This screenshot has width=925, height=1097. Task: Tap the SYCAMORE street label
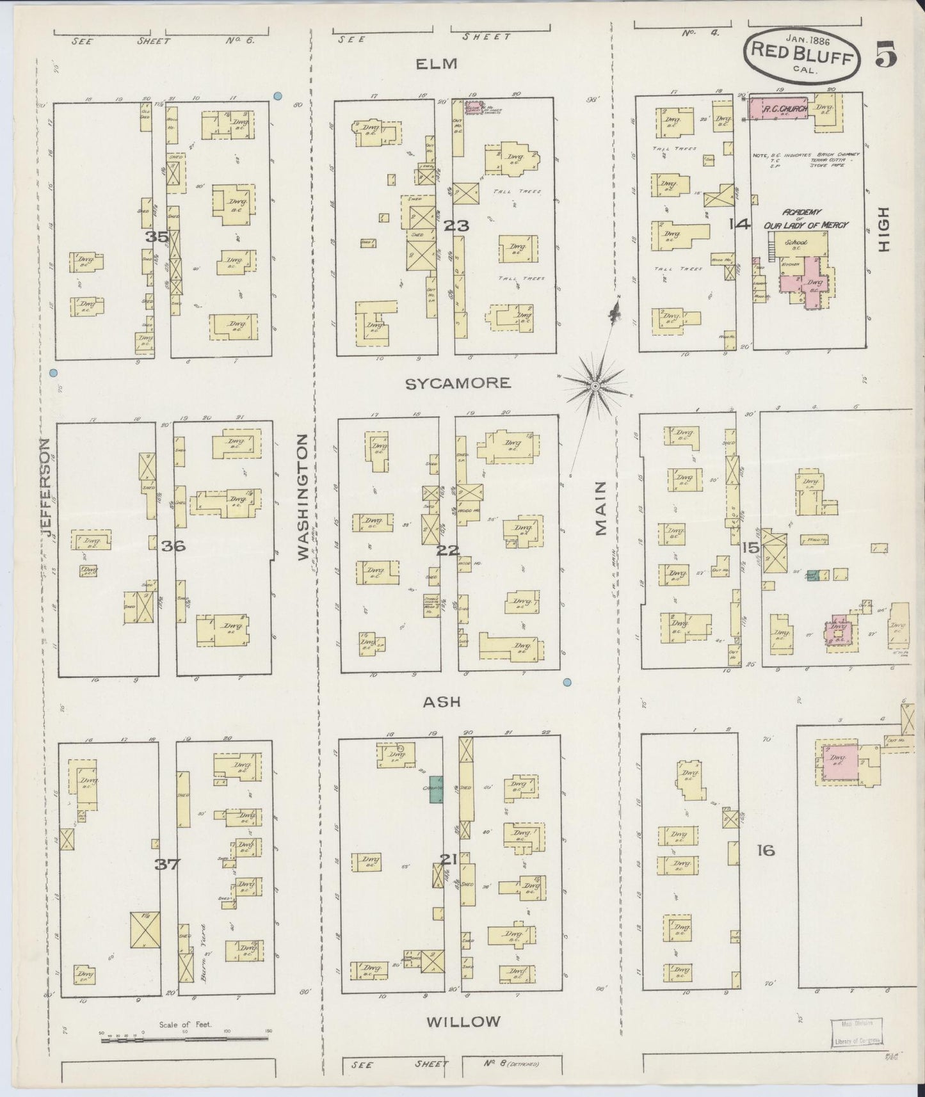(x=458, y=383)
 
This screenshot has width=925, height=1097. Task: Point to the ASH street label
(x=442, y=701)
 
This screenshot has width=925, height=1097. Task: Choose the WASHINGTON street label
(x=303, y=498)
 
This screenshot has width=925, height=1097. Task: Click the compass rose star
(x=595, y=386)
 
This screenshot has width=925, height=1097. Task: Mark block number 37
(x=167, y=864)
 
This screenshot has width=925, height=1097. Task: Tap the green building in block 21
(x=435, y=789)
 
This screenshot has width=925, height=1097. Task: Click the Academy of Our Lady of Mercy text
(x=805, y=219)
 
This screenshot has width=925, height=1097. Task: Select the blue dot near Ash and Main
(x=567, y=682)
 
